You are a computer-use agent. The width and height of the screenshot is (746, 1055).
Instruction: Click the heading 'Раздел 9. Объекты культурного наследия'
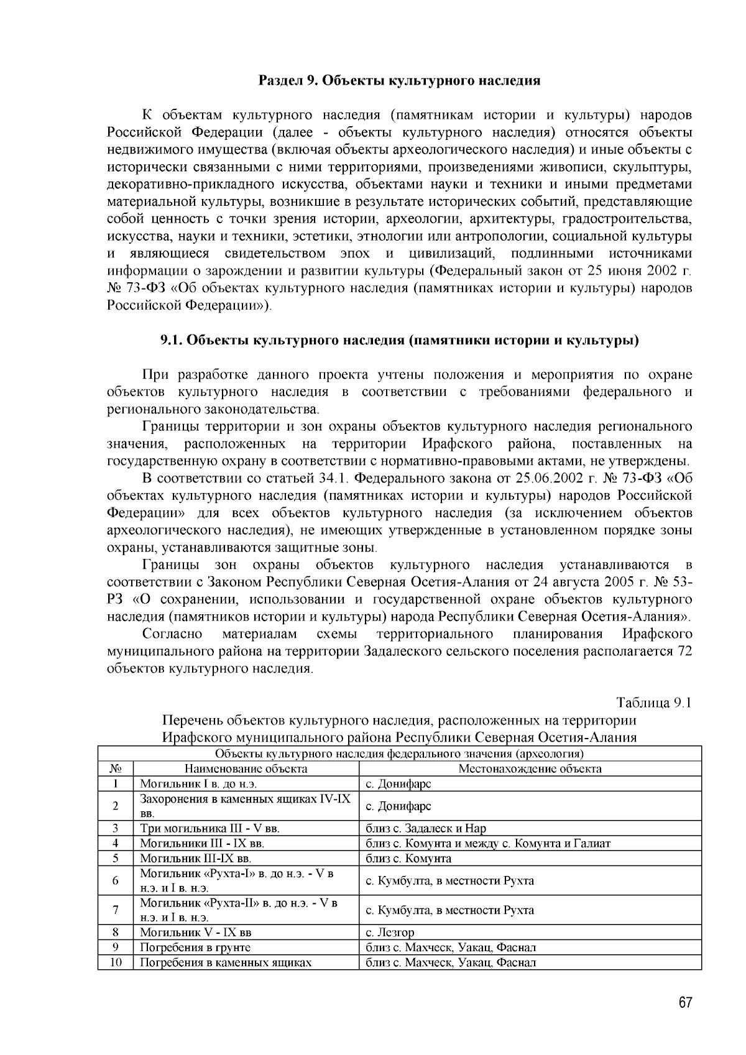pyautogui.click(x=399, y=81)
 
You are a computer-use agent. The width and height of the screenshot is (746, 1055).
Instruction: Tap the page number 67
pyautogui.click(x=685, y=1003)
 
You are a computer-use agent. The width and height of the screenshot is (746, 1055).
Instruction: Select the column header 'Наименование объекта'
pyautogui.click(x=246, y=768)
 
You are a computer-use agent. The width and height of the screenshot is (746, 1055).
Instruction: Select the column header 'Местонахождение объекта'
pyautogui.click(x=530, y=768)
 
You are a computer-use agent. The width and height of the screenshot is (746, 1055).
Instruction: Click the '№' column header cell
pyautogui.click(x=116, y=768)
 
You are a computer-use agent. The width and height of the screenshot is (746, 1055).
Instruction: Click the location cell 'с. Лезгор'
pyautogui.click(x=390, y=933)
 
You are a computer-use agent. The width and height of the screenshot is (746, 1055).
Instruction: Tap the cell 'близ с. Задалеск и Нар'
pyautogui.click(x=426, y=828)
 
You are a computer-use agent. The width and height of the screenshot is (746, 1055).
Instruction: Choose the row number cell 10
pyautogui.click(x=116, y=962)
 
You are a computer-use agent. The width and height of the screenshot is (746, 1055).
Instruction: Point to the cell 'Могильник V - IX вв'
pyautogui.click(x=195, y=933)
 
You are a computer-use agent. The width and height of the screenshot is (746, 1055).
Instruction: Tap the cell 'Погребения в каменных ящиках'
pyautogui.click(x=225, y=962)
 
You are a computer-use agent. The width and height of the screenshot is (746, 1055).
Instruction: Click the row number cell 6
pyautogui.click(x=116, y=881)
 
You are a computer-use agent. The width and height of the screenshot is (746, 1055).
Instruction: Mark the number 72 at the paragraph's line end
pyautogui.click(x=683, y=652)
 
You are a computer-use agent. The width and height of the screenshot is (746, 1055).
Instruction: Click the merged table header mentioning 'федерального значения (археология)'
pyautogui.click(x=399, y=753)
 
